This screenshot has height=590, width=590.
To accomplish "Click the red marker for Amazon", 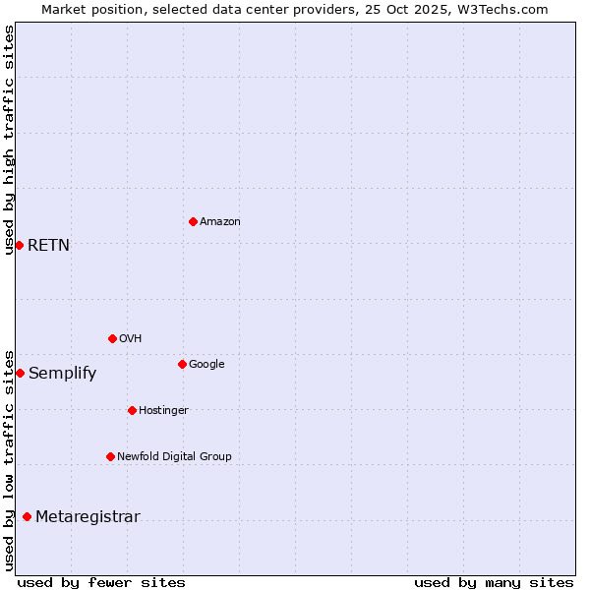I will pos(193,221).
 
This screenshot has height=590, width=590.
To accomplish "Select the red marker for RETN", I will pos(19,245).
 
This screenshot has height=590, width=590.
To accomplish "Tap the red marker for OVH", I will pos(112,338).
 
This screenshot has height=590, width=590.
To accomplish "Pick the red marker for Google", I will pos(182,364).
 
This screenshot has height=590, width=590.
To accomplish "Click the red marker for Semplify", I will pos(20,373).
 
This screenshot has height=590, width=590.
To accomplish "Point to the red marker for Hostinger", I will pos(132,410).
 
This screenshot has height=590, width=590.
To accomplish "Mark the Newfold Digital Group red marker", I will pos(110,456).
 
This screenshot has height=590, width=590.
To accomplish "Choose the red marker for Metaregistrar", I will pos(27,516).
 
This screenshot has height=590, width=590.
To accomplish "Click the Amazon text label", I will pos(220,222).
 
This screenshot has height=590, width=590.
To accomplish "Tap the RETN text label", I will pos(49,246).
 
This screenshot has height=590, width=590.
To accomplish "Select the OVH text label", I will pos(131,339).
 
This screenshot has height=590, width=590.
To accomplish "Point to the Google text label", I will pos(206,365).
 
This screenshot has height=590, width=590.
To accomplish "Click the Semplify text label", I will pos(63,374).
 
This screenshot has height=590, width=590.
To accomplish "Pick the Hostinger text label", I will pos(163,411).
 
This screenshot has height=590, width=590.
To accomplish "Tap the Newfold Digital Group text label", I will pos(174,457).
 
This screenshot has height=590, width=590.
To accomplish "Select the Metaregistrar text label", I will pos(88,517).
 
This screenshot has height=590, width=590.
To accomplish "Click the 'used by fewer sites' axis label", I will pos(101,582).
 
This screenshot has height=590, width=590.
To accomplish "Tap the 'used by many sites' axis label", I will pos(494,582).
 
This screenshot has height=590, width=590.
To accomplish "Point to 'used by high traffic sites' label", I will pos(9,140).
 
